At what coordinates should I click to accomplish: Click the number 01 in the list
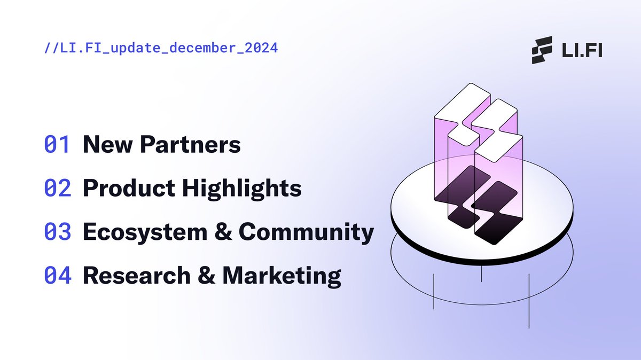coord(57,145)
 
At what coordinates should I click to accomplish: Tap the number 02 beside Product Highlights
coord(57,189)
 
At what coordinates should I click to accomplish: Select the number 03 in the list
coord(57,232)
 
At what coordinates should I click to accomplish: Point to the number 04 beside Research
coord(57,276)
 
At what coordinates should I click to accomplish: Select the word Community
coord(306,232)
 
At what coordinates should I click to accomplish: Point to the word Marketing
coord(282,276)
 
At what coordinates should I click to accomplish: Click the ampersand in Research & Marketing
coord(205,276)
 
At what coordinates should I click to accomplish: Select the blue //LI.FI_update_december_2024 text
coord(161,48)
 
